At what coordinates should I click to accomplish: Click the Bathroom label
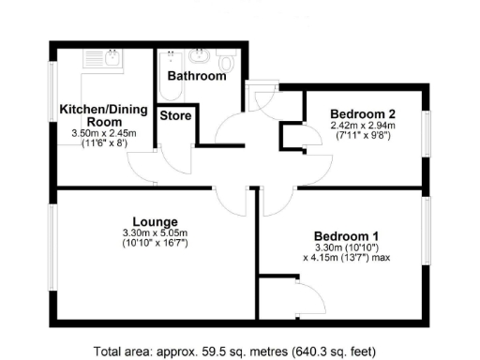click(197, 75)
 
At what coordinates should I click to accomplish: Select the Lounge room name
click(155, 222)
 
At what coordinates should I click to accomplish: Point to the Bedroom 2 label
click(363, 113)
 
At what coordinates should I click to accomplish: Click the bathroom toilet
click(224, 54)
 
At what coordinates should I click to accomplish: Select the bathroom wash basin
click(200, 54)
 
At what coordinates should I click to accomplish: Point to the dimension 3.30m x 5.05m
click(155, 233)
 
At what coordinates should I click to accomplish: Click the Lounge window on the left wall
click(53, 253)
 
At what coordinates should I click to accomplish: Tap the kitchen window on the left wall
click(53, 103)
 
